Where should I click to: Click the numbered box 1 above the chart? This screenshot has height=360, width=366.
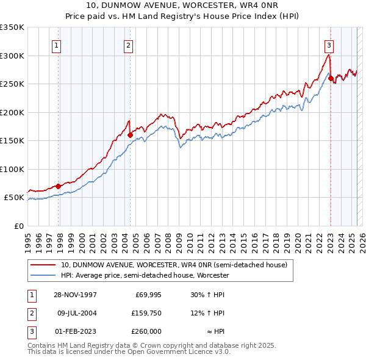tap(56, 45)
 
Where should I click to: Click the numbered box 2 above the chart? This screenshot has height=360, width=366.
tap(129, 45)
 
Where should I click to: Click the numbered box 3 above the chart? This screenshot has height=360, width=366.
tap(329, 45)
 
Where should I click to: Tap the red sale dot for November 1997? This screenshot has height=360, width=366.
tap(59, 186)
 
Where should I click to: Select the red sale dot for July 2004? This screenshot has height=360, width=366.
tap(130, 135)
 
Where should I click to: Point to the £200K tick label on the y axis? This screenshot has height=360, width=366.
tap(12, 112)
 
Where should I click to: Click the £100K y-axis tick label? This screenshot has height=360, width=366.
tap(12, 169)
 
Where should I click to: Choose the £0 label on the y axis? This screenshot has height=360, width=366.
tap(18, 226)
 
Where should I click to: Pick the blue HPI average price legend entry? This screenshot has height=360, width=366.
tap(145, 276)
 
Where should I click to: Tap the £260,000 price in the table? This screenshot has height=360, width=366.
tap(146, 331)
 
